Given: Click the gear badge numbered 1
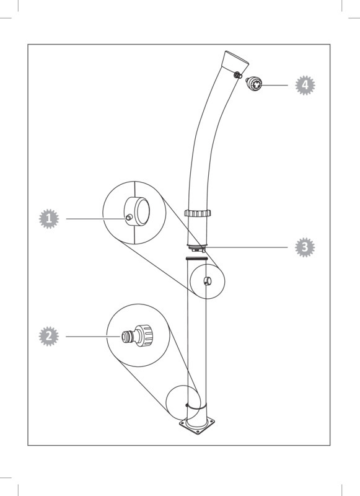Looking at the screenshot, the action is [49, 219].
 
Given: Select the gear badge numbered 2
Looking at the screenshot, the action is [49, 336].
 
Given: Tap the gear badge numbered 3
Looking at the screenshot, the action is [305, 247].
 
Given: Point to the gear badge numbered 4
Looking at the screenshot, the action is [305, 85].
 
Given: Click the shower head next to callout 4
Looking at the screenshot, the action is [254, 84].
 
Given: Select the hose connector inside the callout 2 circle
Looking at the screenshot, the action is [138, 335].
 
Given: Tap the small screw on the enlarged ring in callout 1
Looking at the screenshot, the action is [129, 218].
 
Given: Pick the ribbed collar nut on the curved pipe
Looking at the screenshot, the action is [198, 213].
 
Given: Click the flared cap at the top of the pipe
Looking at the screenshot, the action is [235, 61].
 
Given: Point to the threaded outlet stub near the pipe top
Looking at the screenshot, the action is [238, 75].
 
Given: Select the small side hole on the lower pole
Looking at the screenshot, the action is [207, 280].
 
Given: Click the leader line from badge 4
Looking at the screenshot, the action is [274, 85].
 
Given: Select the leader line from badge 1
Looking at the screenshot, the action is [96, 219].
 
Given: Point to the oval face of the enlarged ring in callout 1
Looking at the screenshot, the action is [142, 211].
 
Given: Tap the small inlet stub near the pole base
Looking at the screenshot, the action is [187, 405].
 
